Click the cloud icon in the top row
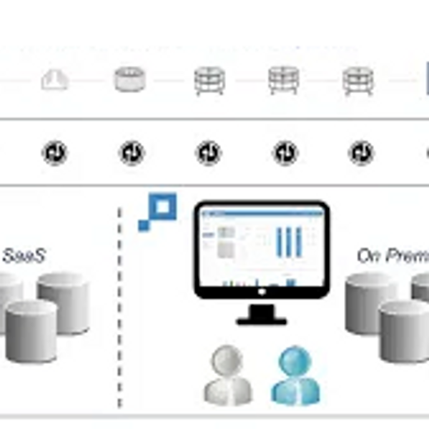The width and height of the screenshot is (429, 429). [54, 79]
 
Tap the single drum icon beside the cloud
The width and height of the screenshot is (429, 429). [130, 79]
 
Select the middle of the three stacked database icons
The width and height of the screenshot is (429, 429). [284, 80]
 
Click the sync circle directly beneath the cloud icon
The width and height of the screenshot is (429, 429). [54, 152]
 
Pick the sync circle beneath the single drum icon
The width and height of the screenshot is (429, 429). [132, 152]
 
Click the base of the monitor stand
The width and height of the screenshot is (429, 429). [261, 320]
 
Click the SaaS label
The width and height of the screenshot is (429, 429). [24, 255]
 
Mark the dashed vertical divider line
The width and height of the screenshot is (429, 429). [119, 307]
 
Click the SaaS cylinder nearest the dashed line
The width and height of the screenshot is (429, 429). [64, 302]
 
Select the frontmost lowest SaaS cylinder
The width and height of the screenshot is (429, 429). [31, 330]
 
